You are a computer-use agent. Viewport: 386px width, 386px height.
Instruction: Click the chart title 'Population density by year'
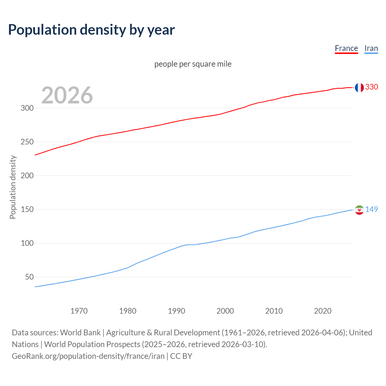coord(91,30)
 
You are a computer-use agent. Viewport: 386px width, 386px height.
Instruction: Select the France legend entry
coord(346,48)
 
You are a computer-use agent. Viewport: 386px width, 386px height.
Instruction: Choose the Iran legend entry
coord(371,48)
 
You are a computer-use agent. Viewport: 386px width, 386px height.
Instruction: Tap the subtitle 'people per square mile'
coord(193,64)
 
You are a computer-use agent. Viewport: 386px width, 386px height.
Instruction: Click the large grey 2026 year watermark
coord(67,95)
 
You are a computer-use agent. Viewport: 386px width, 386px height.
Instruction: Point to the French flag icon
coord(359,87)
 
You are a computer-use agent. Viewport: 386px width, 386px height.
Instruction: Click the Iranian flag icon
coord(359,210)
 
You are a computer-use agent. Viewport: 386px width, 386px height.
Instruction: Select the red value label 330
coord(372,87)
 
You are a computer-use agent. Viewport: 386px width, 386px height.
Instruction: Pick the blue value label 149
coord(372,209)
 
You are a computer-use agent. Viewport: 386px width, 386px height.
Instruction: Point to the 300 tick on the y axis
coord(27,108)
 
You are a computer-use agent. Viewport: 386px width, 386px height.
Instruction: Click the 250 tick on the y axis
coord(27,142)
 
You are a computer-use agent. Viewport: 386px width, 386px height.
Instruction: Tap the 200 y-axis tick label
coord(27,176)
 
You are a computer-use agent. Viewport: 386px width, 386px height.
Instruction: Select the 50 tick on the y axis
coord(29,277)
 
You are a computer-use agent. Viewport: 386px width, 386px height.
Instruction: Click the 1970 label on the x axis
coord(79,311)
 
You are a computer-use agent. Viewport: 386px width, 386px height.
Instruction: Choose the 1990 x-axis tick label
coord(176,311)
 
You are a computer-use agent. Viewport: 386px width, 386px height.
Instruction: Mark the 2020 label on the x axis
coord(323,311)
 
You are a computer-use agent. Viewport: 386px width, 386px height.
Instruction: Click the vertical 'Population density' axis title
coord(13,187)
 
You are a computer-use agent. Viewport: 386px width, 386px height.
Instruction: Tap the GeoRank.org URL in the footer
coord(88,356)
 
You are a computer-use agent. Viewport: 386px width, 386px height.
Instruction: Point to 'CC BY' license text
coord(181,356)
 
